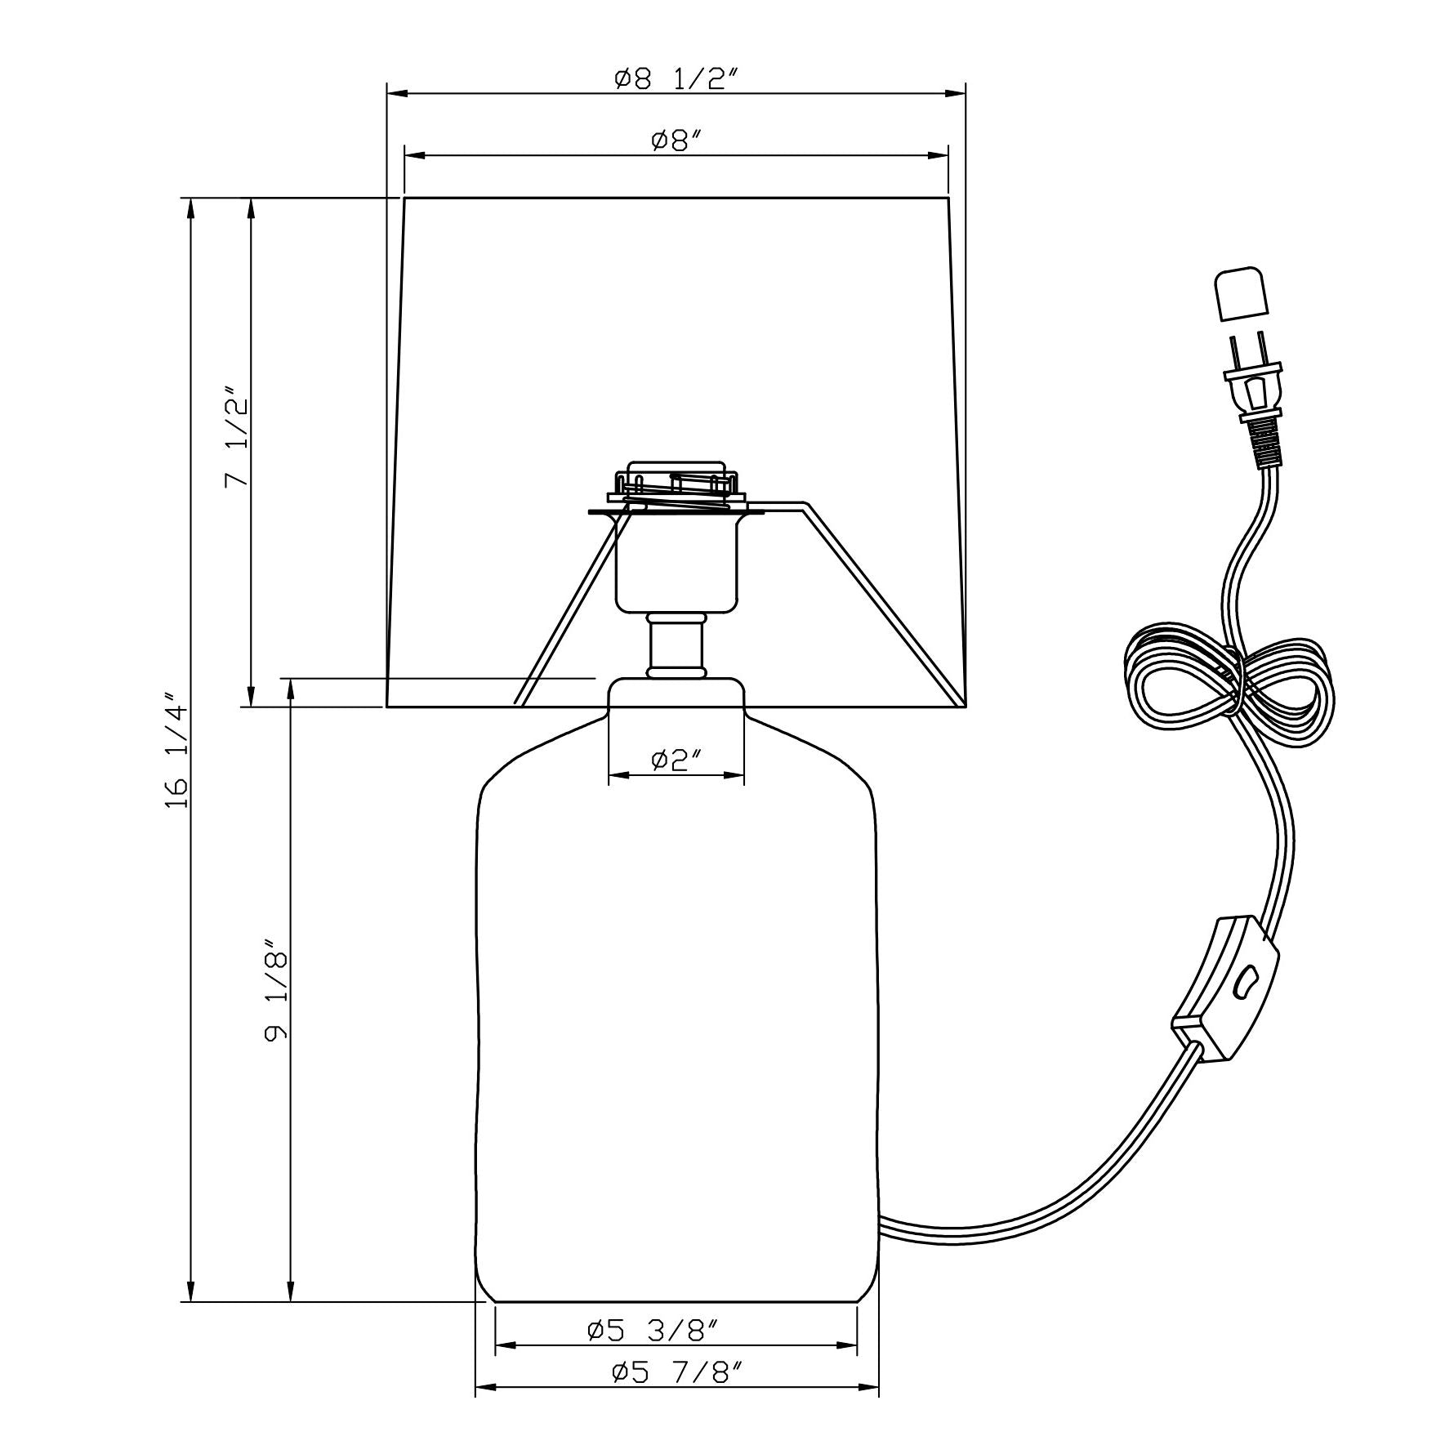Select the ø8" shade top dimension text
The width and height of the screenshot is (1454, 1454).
pyautogui.click(x=677, y=140)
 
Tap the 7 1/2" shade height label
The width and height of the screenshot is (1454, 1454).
pyautogui.click(x=237, y=438)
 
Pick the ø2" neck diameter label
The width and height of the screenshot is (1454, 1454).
pyautogui.click(x=677, y=760)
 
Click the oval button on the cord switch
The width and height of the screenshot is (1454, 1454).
pyautogui.click(x=1244, y=985)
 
